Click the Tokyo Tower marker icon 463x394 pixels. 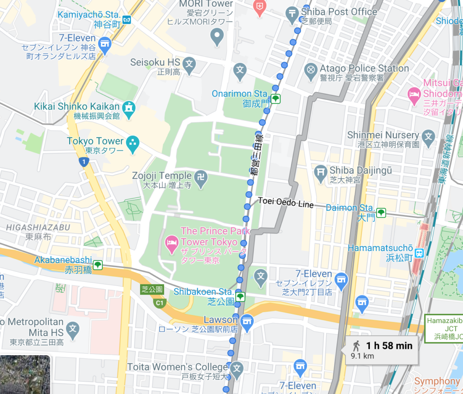point(133,142)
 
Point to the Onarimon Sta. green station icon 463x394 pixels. point(275,98)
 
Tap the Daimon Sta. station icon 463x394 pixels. point(381,212)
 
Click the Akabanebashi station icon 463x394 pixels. point(97,265)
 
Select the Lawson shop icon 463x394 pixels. point(246,321)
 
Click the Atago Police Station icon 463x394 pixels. point(311,70)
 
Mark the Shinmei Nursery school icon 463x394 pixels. point(428,136)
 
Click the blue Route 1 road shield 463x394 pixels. point(83,161)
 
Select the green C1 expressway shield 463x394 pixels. point(159,303)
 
